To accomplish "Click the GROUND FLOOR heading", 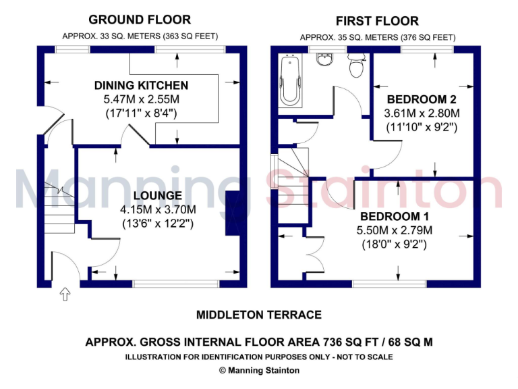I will coord(140,20).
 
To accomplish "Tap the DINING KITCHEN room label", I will coord(141,86).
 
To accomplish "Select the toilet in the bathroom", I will coord(355,66).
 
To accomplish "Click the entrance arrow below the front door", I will coord(65,294).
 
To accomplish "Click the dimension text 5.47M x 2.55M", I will coord(141,99).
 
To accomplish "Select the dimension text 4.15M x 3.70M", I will coord(157,209).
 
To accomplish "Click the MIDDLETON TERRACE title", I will coord(258,315).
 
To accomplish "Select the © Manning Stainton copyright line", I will coord(259,370).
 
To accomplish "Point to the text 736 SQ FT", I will coord(354,342).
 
